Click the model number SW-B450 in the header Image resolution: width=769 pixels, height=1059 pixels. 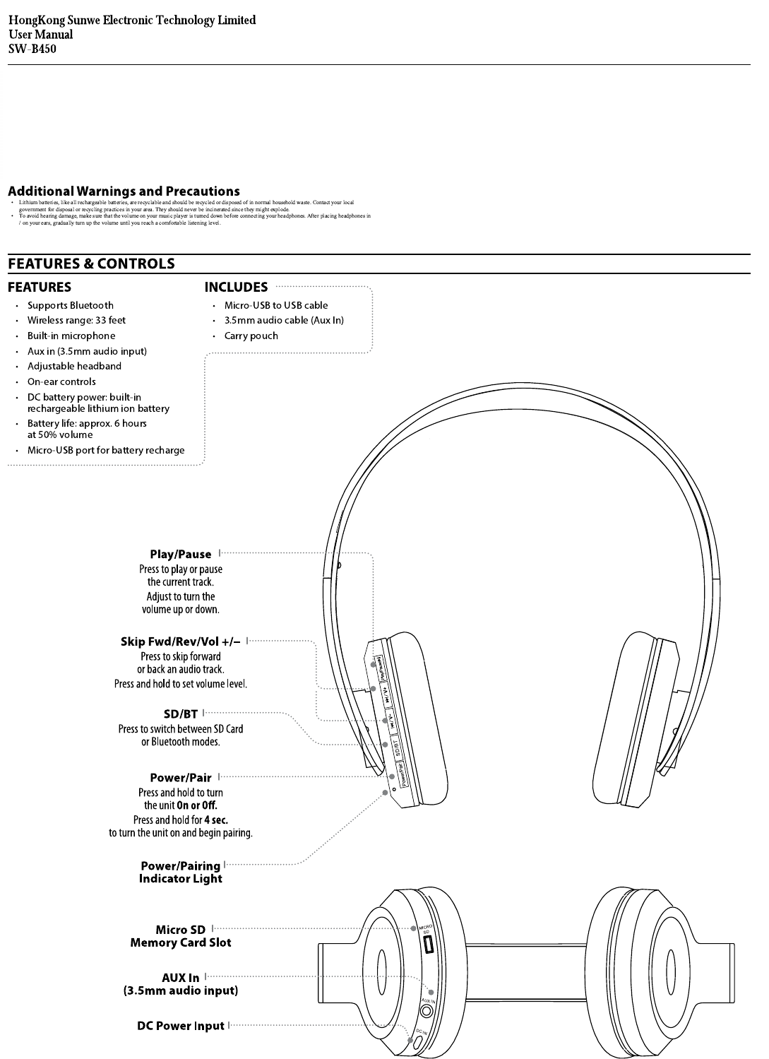click(32, 49)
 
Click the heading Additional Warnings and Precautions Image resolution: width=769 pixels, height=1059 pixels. click(124, 191)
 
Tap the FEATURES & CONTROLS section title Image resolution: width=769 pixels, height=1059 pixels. click(91, 264)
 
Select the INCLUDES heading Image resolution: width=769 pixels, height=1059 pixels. click(236, 287)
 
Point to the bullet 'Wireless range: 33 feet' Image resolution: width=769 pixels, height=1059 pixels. click(76, 320)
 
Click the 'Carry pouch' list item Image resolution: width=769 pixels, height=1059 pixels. click(251, 336)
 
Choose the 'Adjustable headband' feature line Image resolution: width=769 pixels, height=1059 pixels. click(74, 366)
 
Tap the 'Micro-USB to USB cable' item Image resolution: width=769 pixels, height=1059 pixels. click(275, 305)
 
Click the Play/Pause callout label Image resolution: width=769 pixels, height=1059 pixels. click(180, 554)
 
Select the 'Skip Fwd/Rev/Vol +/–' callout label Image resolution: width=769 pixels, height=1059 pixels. click(180, 641)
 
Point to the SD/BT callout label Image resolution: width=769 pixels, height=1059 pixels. click(180, 714)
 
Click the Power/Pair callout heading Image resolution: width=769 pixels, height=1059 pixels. click(180, 778)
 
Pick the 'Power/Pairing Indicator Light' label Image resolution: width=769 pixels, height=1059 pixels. click(180, 872)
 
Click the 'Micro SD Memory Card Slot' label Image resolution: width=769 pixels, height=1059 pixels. click(180, 936)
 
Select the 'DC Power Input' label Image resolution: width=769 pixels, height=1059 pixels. click(180, 1026)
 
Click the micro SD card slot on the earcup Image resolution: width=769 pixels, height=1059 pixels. click(427, 948)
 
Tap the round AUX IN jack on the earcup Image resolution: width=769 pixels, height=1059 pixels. click(427, 1011)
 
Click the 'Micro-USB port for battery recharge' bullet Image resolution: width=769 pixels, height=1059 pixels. click(106, 450)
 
